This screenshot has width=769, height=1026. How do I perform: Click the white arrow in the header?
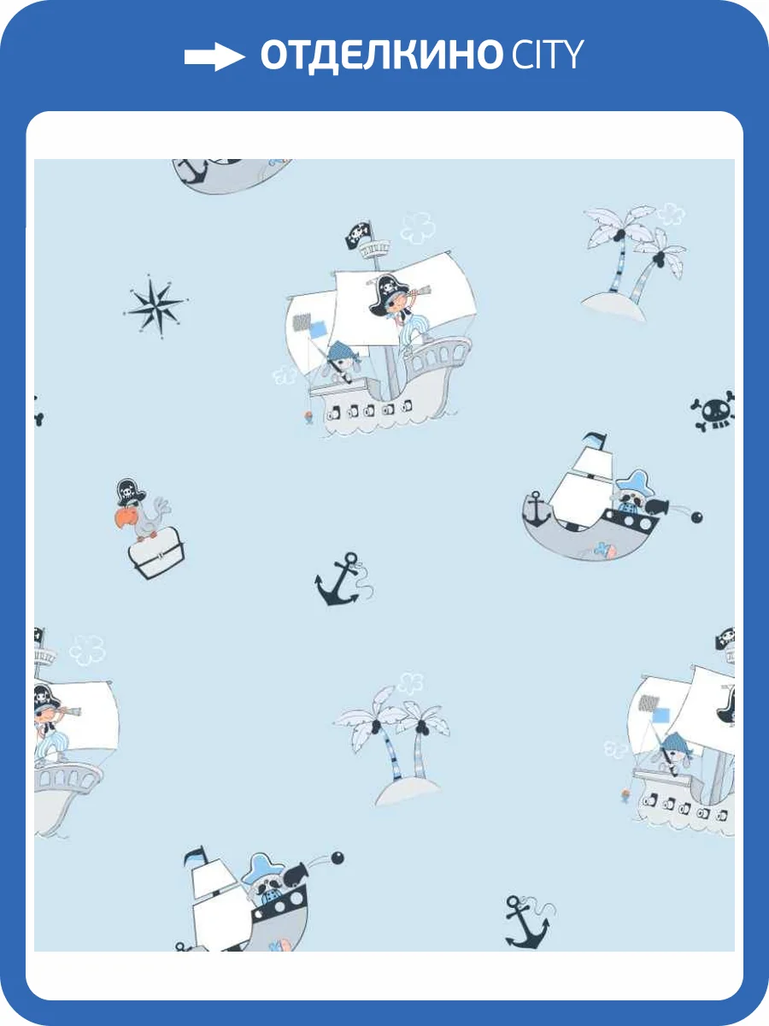(214, 56)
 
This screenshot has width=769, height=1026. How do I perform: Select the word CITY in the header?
(547, 54)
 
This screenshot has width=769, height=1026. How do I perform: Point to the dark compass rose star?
(156, 306)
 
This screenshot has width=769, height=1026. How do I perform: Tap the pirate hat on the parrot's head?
(130, 492)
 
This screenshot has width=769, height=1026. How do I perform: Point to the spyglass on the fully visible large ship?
(419, 292)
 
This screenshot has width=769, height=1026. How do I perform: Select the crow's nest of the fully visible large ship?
(373, 249)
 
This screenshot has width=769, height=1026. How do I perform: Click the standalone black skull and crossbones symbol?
(713, 411)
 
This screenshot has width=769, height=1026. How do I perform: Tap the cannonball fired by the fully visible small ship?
(696, 517)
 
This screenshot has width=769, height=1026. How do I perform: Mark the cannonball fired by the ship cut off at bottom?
(338, 858)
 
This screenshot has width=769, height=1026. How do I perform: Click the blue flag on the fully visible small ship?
(595, 439)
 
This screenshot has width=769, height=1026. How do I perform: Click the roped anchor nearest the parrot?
(343, 579)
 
